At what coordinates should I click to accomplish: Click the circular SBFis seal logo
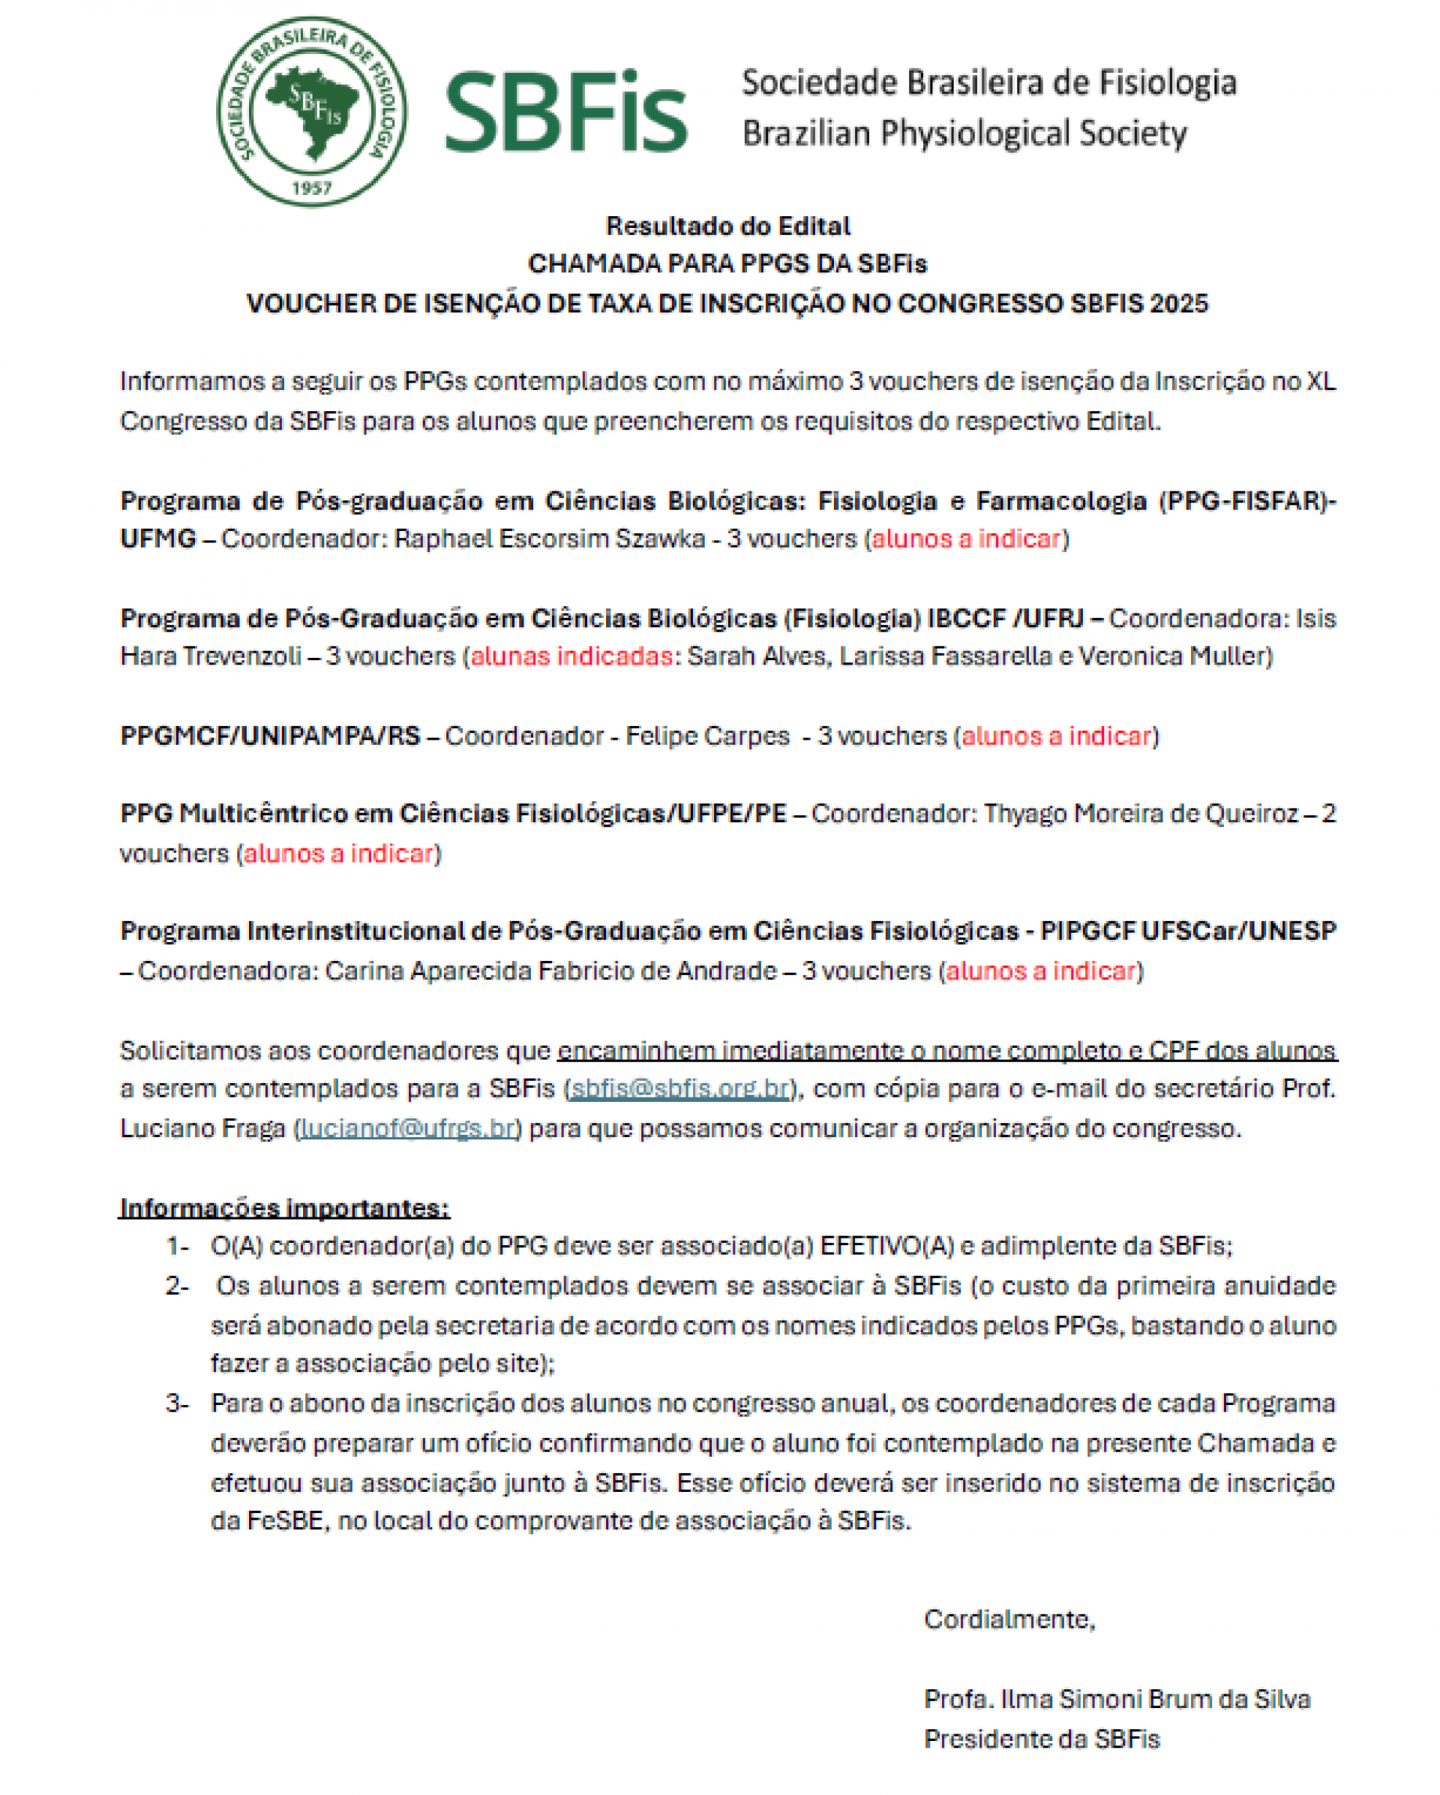click(311, 112)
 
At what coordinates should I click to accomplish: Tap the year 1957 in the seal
click(311, 188)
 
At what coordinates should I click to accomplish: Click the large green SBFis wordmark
click(566, 113)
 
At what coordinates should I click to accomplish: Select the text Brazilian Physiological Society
click(964, 134)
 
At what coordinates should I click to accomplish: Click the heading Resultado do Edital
click(727, 226)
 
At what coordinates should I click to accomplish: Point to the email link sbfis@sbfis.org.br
click(679, 1088)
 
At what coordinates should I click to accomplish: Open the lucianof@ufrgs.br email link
click(407, 1128)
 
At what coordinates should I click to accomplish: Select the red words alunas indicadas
click(571, 656)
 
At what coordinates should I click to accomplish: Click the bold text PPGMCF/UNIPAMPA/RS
click(270, 736)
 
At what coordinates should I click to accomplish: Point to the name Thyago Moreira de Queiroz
click(1140, 813)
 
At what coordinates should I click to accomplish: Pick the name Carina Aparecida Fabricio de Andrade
click(550, 971)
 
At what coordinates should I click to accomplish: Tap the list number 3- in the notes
click(177, 1403)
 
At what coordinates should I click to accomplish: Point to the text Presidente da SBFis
click(1041, 1739)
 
